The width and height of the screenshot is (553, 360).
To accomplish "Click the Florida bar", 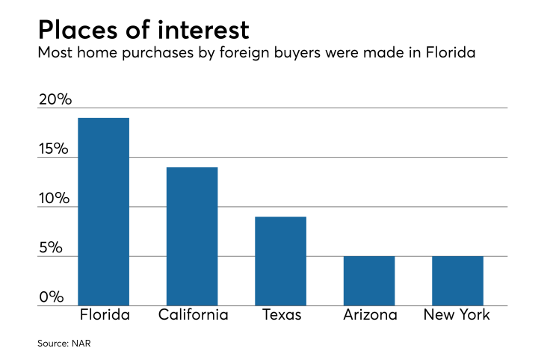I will pyautogui.click(x=104, y=211).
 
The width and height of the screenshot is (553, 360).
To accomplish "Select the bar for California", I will pyautogui.click(x=193, y=236).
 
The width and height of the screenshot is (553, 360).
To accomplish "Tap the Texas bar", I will pyautogui.click(x=281, y=261).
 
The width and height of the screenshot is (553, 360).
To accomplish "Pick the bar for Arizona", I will pyautogui.click(x=369, y=281).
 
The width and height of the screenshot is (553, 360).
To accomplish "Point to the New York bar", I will pyautogui.click(x=457, y=281).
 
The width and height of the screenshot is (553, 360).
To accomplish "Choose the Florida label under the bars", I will pyautogui.click(x=105, y=314).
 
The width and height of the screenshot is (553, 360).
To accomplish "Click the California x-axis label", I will pyautogui.click(x=193, y=314).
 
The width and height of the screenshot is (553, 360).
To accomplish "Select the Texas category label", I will pyautogui.click(x=282, y=314).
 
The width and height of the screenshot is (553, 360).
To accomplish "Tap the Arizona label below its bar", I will pyautogui.click(x=369, y=314).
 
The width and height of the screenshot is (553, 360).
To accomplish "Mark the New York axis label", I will pyautogui.click(x=457, y=314).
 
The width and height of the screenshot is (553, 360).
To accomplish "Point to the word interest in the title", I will pyautogui.click(x=203, y=31).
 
